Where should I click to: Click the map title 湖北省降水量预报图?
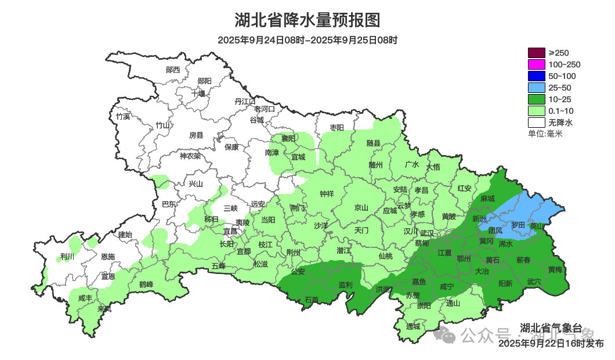[307, 20]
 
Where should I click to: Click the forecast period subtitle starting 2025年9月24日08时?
[307, 40]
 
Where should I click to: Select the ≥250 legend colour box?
[537, 53]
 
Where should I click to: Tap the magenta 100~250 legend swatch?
[537, 64]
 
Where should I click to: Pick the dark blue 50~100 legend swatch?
[537, 76]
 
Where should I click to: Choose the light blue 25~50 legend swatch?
[537, 88]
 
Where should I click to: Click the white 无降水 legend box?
[537, 123]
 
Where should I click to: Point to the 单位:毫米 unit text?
[545, 134]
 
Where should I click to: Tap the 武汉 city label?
[426, 232]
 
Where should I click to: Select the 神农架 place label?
[190, 156]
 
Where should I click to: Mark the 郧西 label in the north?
[172, 70]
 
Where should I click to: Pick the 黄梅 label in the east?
[555, 270]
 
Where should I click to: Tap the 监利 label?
[345, 285]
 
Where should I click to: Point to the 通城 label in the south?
[413, 326]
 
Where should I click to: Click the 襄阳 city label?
[288, 138]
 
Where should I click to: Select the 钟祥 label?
[327, 195]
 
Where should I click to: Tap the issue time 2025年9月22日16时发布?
[551, 344]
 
